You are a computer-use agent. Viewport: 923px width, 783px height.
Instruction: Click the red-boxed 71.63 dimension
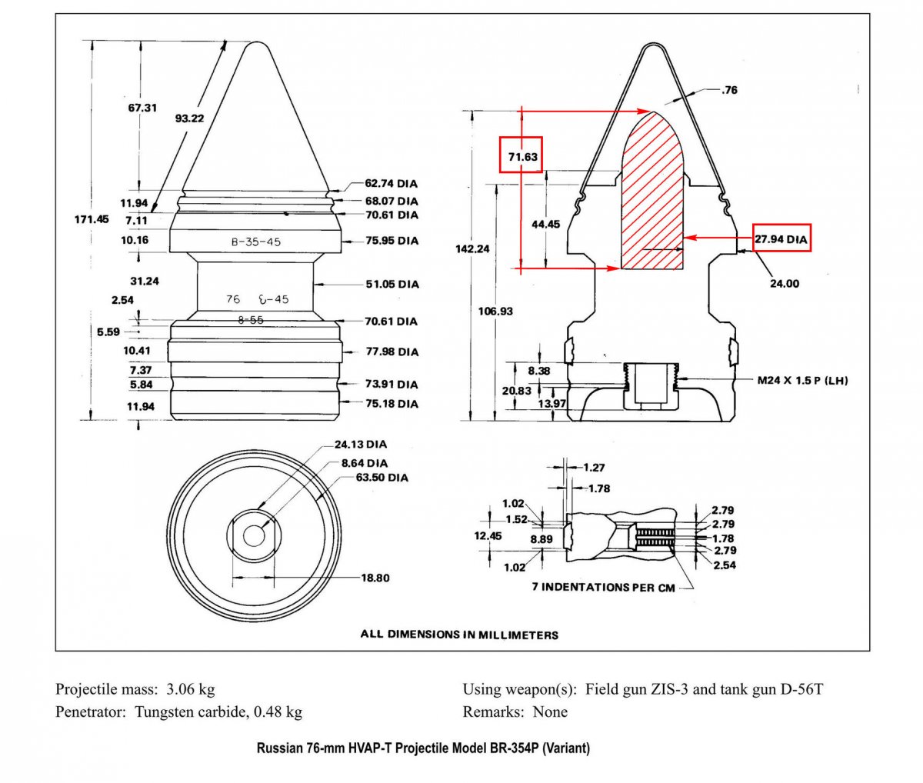pos(522,156)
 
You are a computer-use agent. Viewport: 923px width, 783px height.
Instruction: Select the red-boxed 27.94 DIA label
pos(781,239)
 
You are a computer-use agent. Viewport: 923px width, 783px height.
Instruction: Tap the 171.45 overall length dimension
pos(92,219)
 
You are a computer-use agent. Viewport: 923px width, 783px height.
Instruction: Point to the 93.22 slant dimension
pos(189,118)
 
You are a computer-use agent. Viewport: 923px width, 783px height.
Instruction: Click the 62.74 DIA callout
pos(392,184)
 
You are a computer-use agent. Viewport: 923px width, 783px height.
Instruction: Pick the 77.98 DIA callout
pos(392,352)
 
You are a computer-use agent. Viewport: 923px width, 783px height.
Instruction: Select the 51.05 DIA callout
pos(392,284)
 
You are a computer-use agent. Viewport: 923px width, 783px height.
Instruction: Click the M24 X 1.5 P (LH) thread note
pos(802,380)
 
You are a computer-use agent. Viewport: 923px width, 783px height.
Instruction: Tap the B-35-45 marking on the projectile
pos(255,242)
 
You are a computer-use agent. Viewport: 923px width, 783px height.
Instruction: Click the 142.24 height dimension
pos(472,248)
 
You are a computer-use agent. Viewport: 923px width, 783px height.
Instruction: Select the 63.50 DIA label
pos(382,478)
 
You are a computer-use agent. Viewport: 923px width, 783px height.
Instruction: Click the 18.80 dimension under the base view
pos(375,578)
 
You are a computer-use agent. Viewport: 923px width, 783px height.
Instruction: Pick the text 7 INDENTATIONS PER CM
pos(603,587)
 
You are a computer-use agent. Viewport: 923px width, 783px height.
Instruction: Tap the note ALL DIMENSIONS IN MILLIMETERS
pos(459,635)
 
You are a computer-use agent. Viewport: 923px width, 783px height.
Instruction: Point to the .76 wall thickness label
pos(728,90)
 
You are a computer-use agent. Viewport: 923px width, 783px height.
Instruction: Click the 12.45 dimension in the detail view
pos(488,535)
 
